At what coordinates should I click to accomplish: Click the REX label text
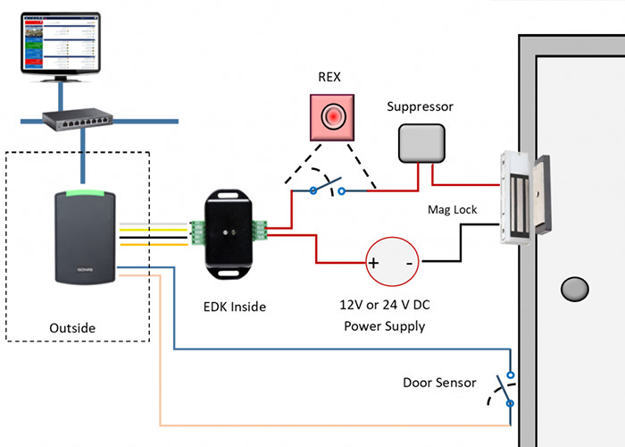330,77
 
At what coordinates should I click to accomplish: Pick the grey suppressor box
421,143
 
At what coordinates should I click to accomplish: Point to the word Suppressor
420,106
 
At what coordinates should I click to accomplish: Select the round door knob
574,289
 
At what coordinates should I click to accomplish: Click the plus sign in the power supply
374,264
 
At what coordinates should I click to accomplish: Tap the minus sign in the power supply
409,264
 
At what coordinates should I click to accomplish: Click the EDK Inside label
235,307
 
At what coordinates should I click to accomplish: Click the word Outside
74,329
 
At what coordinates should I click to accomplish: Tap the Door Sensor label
437,384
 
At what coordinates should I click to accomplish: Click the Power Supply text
384,326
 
